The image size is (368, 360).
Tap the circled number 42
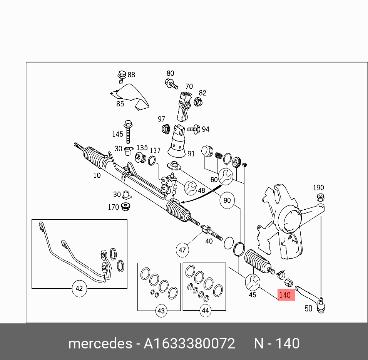tap(79, 288)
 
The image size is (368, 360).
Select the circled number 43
tap(161, 311)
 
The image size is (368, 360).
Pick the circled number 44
tap(205, 311)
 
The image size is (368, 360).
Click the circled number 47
tap(182, 250)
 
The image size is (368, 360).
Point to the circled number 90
tap(227, 200)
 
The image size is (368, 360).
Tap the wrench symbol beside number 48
tap(191, 188)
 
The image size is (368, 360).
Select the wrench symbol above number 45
tap(253, 282)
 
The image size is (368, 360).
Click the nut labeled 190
tap(319, 198)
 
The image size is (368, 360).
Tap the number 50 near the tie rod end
tap(309, 308)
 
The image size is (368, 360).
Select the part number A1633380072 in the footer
tap(189, 343)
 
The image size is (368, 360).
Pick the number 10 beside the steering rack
tap(97, 175)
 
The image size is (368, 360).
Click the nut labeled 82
tap(198, 102)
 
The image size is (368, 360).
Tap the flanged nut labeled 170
tap(125, 207)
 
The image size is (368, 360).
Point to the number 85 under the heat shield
tap(120, 104)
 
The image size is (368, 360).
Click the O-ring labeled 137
tap(152, 160)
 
